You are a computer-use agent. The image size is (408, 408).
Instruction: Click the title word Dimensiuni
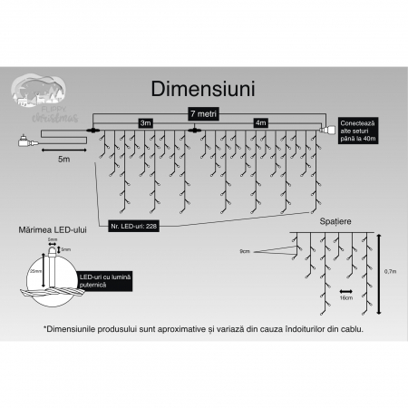click(x=203, y=90)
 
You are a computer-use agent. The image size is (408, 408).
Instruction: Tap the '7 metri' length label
click(x=204, y=113)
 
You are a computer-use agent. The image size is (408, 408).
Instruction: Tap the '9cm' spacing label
click(x=244, y=249)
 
